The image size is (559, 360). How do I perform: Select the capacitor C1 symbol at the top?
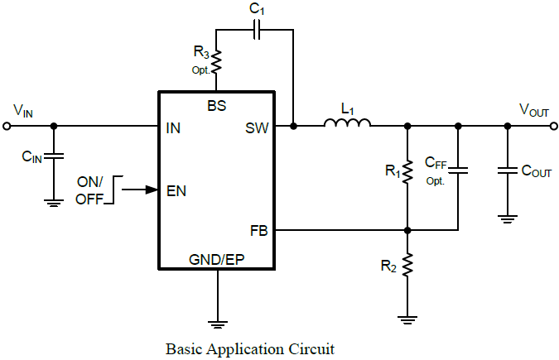258,30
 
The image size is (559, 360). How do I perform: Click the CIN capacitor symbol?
54,156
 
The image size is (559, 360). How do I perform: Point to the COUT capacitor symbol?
507,171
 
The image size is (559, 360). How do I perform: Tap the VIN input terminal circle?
7,126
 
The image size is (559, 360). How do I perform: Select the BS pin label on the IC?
216,105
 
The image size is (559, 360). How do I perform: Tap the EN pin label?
176,190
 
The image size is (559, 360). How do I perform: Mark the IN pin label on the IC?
173,128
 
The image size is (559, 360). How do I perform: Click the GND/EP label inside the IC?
216,259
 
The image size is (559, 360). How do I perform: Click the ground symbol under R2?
407,315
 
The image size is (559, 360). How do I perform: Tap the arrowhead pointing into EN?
152,190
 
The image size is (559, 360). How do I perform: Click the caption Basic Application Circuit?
250,348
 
